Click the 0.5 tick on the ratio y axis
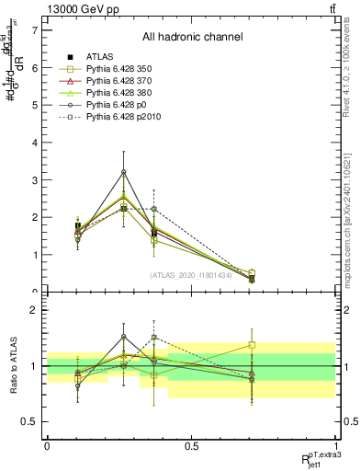coord(29,421)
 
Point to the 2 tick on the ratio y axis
coord(34,310)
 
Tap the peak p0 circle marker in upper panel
coord(124,172)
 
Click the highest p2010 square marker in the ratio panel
coord(154,338)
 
